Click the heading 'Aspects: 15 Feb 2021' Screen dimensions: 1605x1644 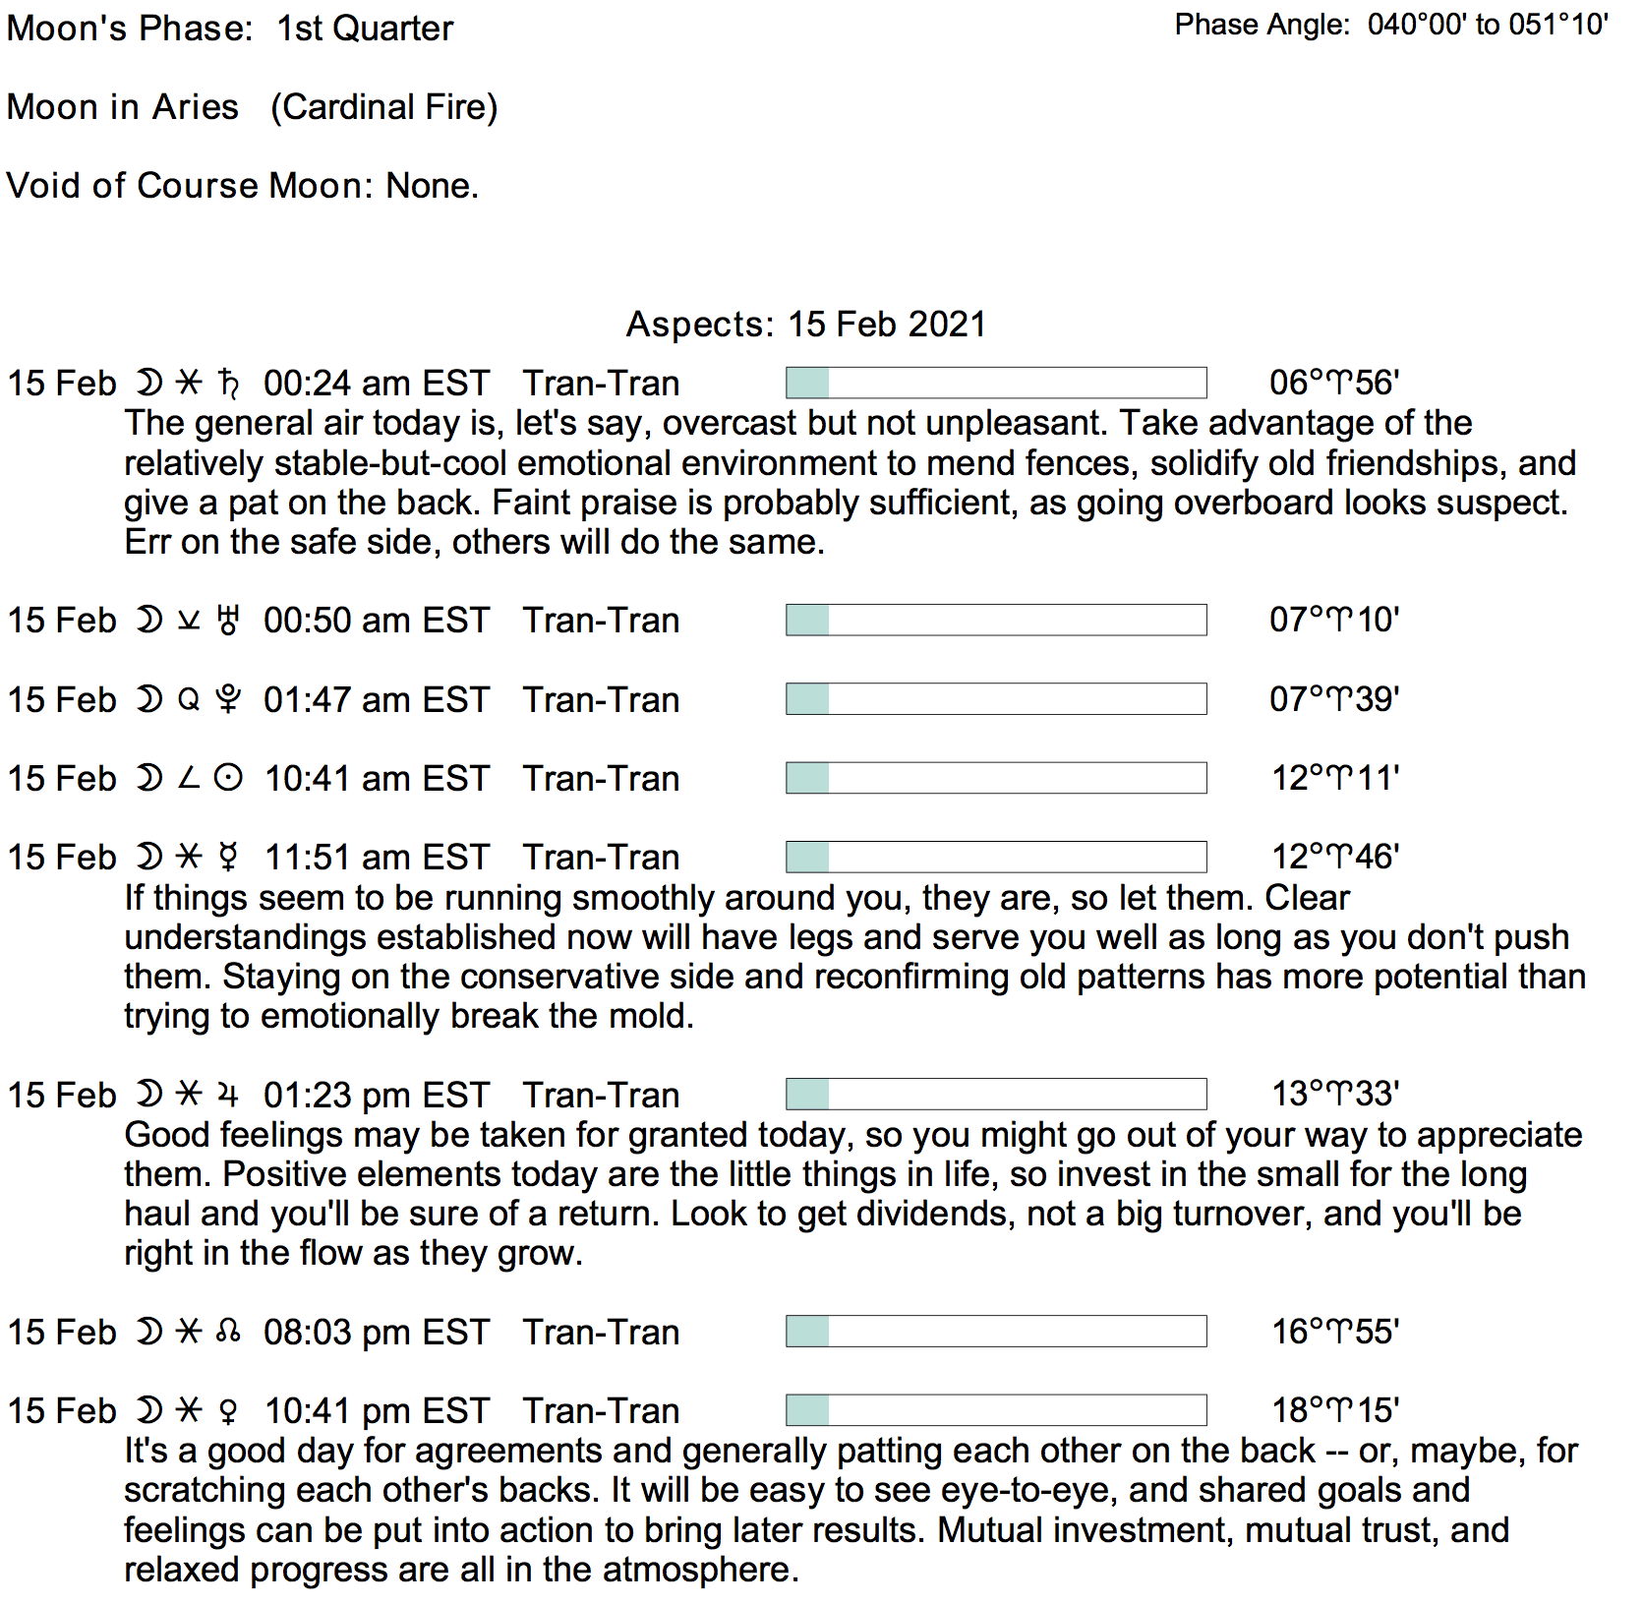(x=805, y=325)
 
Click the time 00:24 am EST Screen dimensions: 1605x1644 (x=376, y=384)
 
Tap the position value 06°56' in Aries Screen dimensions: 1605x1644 (x=1334, y=383)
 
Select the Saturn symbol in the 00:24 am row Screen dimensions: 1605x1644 (x=228, y=384)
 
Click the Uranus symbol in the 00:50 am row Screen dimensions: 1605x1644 (x=228, y=621)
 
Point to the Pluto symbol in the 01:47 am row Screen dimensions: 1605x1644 (x=228, y=699)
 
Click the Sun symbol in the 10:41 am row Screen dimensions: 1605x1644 (x=228, y=779)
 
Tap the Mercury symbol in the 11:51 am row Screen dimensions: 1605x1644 (x=228, y=858)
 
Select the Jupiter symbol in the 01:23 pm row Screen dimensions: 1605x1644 (x=228, y=1095)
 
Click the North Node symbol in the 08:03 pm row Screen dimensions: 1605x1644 (x=228, y=1333)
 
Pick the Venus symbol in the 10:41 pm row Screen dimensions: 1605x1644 (x=228, y=1411)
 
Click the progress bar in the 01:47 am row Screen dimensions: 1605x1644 (x=996, y=699)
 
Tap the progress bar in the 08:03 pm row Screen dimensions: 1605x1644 (x=996, y=1332)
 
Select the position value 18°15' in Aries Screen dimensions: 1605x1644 (x=1335, y=1410)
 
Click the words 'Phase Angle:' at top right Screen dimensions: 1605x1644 (x=1262, y=25)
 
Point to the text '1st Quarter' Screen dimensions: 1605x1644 (x=365, y=29)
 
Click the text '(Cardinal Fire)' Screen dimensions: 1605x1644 (x=384, y=107)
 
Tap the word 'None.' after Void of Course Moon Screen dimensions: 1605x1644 (x=433, y=186)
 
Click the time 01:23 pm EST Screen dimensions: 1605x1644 (x=376, y=1096)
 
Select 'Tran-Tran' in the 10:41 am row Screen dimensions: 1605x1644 (x=601, y=779)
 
